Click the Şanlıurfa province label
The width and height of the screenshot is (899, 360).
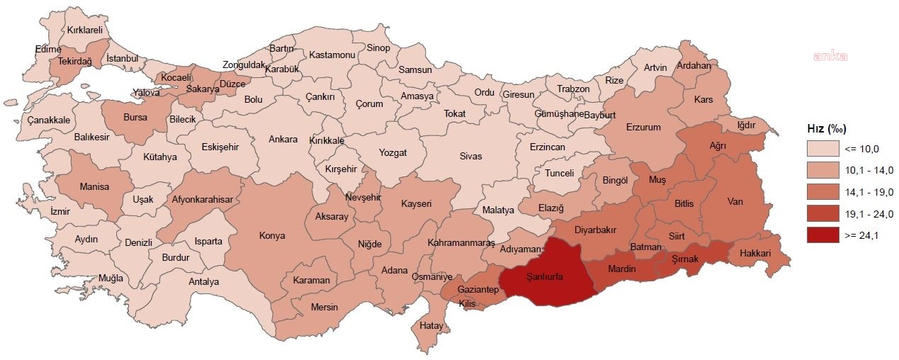(544, 277)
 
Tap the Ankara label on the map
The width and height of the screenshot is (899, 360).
(283, 139)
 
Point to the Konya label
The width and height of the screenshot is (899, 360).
(272, 235)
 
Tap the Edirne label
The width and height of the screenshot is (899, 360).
(48, 49)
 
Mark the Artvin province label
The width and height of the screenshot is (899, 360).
(655, 68)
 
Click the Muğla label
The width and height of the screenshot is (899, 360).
(111, 278)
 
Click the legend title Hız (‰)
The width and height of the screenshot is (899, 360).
(827, 128)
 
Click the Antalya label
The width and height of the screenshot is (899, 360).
(204, 281)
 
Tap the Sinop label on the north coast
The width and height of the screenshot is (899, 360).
(378, 48)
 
